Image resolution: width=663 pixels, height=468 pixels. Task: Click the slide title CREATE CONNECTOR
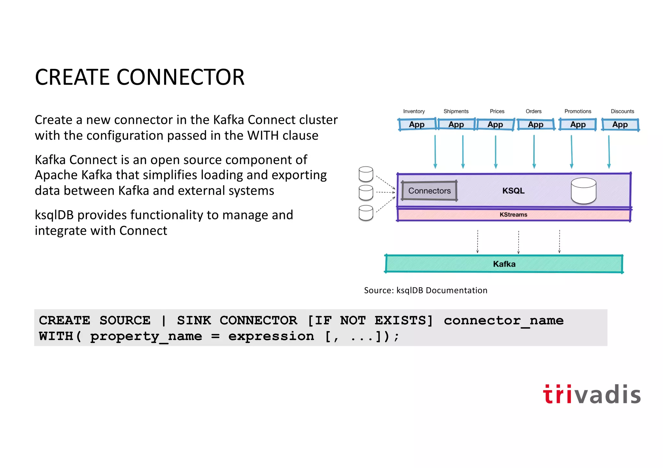click(x=140, y=77)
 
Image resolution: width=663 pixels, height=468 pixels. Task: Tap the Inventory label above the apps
click(x=414, y=111)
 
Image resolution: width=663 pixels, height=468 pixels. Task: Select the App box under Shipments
click(x=456, y=125)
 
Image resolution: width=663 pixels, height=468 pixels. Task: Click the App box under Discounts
click(x=620, y=125)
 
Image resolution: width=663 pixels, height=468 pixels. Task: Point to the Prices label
click(x=497, y=111)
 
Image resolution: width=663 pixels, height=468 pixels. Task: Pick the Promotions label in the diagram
click(x=578, y=111)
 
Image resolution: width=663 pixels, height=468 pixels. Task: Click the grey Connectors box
click(x=429, y=191)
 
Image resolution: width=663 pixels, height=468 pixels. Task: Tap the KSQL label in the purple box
click(x=513, y=191)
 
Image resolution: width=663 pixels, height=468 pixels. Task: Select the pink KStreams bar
click(x=513, y=215)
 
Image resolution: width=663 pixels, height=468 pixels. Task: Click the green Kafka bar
click(x=504, y=264)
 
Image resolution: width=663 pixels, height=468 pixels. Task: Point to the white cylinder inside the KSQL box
click(x=583, y=191)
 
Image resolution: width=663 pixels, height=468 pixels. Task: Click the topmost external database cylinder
click(x=366, y=174)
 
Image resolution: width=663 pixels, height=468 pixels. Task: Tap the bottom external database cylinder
click(x=366, y=213)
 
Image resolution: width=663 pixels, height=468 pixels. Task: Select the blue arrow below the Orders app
click(x=534, y=152)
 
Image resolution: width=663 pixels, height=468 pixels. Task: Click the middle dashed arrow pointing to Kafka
click(x=518, y=242)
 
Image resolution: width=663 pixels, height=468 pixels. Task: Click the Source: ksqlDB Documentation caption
click(x=425, y=290)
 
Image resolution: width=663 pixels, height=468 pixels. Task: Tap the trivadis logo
click(x=591, y=394)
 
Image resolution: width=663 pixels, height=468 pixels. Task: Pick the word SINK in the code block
click(x=194, y=321)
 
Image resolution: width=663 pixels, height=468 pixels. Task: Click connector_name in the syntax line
click(x=503, y=321)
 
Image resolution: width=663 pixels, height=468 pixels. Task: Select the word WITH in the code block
click(x=56, y=336)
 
